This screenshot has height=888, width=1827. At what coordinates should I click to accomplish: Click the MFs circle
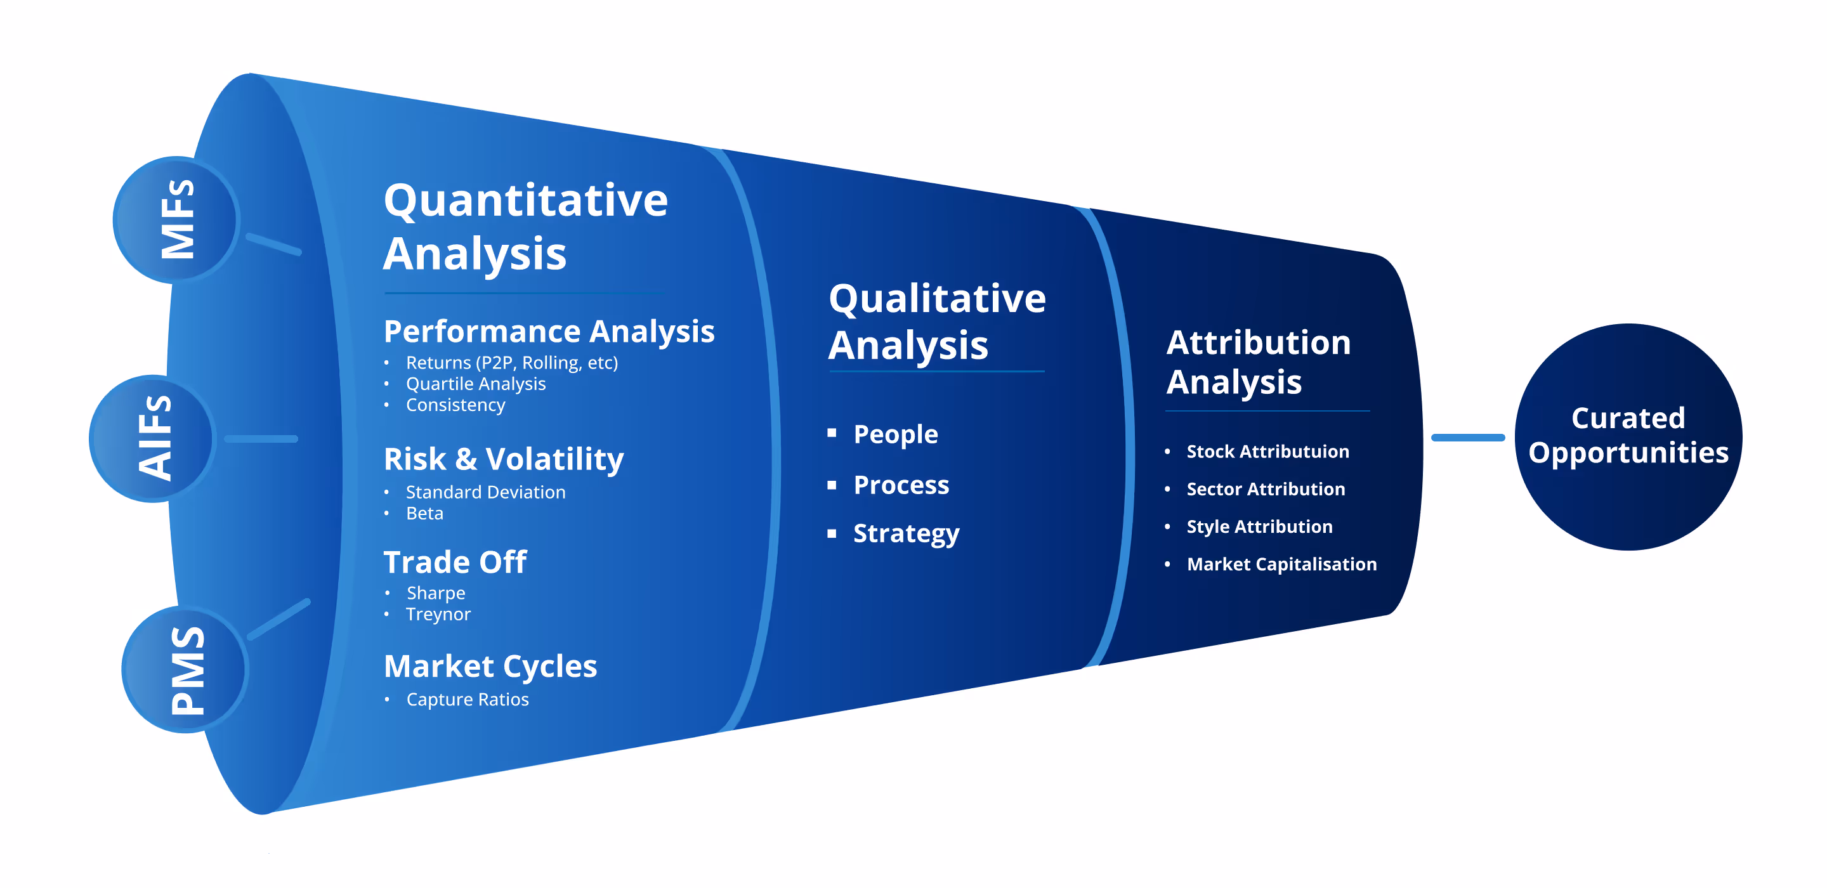click(176, 220)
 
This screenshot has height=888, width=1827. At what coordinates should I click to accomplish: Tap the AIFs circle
click(152, 438)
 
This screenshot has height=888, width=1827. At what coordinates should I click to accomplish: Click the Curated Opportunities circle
click(1628, 436)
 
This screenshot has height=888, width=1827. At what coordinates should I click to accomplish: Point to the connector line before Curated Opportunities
click(1467, 438)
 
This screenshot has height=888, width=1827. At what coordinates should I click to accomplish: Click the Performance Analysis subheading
click(548, 331)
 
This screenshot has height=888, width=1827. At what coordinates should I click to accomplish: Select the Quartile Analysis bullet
click(475, 384)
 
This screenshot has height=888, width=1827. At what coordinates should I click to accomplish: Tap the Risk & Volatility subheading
click(504, 459)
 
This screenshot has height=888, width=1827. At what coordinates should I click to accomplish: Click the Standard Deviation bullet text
click(485, 492)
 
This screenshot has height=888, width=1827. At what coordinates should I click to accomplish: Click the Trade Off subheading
click(455, 562)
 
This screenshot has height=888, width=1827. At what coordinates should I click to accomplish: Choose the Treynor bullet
click(438, 614)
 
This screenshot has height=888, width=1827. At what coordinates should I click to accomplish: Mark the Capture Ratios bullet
click(467, 700)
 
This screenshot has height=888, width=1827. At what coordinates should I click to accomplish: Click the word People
click(895, 434)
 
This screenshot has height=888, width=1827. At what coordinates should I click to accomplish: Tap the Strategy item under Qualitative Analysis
click(906, 533)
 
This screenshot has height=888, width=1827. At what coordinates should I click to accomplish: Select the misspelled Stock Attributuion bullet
click(1267, 451)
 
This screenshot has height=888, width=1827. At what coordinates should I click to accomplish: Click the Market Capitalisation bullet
click(1281, 564)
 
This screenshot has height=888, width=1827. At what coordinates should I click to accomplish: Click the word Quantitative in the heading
click(525, 200)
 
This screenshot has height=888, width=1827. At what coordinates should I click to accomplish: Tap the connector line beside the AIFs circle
click(261, 439)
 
